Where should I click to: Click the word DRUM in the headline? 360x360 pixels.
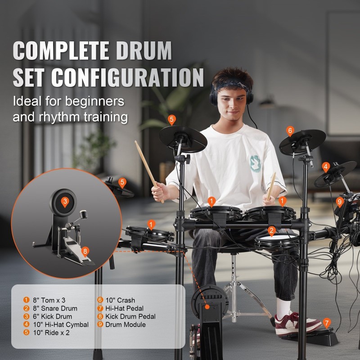(144, 51)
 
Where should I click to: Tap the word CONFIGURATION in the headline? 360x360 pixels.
(127, 77)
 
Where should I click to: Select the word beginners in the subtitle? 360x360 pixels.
(95, 101)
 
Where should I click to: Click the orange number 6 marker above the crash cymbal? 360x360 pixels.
(290, 131)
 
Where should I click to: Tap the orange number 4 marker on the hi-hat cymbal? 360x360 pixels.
(326, 167)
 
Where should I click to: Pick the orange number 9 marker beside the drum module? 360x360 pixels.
(340, 202)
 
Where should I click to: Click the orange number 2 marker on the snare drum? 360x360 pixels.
(272, 231)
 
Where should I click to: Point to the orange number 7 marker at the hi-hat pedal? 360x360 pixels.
(327, 323)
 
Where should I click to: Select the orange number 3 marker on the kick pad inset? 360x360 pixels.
(65, 202)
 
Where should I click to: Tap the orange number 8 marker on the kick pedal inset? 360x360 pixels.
(85, 252)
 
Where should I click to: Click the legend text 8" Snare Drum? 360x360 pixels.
(55, 308)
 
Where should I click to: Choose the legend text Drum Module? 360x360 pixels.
(126, 324)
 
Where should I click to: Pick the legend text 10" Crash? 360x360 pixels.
(120, 300)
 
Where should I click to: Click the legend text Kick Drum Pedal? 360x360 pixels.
(130, 317)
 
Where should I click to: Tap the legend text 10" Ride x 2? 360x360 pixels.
(51, 333)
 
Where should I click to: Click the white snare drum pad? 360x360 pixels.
(277, 238)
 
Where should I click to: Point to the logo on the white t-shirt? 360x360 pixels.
(255, 164)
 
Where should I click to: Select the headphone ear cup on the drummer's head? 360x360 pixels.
(214, 97)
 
